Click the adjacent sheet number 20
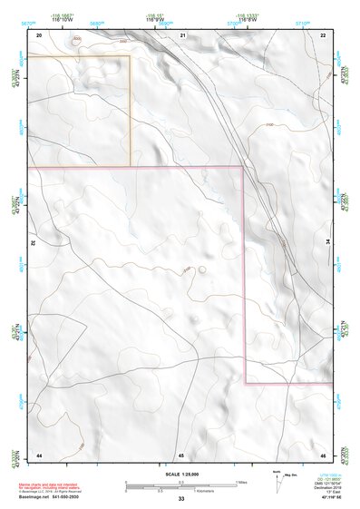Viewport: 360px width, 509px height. pos(39,34)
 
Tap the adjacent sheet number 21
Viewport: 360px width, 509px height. pos(182,34)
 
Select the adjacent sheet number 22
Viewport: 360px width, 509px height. pos(324,34)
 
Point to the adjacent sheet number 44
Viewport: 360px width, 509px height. pos(39,454)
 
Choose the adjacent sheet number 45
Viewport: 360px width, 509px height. pos(181,454)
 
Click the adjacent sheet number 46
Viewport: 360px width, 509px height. pos(324,454)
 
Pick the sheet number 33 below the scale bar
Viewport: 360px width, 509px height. pos(181,499)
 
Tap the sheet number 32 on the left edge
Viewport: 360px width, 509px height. pos(34,244)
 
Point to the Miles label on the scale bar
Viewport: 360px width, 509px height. pos(242,481)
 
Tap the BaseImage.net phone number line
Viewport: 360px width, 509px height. pos(49,498)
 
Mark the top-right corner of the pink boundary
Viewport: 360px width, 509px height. pos(243,167)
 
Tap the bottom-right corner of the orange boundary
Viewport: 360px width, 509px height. pos(131,166)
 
